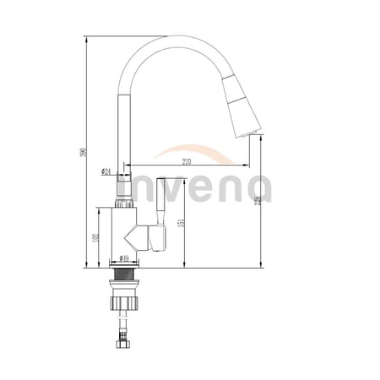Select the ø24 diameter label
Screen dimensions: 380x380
(107, 171)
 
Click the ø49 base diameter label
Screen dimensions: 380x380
(124, 259)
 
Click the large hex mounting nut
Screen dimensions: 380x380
(129, 303)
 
